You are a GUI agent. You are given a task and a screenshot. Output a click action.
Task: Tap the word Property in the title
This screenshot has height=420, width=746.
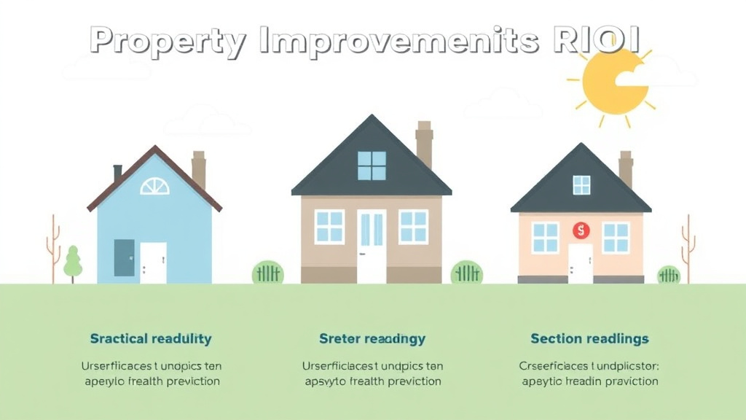coord(168,41)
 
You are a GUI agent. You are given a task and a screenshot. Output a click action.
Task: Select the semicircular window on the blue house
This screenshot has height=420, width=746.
coord(154,187)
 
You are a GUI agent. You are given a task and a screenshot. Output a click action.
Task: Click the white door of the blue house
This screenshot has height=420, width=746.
coord(153,262)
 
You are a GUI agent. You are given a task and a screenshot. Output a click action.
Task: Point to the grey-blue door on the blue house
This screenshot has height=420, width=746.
coord(125,257)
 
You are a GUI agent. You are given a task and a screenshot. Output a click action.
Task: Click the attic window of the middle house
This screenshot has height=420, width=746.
coord(372,166)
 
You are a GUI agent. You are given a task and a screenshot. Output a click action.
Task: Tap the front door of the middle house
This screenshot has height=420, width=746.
coord(371,246)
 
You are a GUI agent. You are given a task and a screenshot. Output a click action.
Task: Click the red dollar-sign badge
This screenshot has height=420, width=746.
coord(581,231)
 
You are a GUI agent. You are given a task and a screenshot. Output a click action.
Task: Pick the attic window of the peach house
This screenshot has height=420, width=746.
coord(581,185)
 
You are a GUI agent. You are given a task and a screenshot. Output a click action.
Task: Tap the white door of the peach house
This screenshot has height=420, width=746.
coord(581,263)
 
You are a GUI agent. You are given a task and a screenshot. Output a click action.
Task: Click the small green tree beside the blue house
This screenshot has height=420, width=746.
coord(73,263)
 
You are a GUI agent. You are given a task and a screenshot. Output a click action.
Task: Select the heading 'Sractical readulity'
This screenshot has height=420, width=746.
coord(151,338)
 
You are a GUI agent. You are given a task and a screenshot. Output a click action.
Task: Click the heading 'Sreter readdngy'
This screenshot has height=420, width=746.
coord(372,338)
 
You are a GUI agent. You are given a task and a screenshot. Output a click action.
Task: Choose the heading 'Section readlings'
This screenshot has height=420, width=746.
coord(589,338)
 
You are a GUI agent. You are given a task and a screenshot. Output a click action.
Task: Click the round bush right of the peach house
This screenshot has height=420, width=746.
coord(669,275)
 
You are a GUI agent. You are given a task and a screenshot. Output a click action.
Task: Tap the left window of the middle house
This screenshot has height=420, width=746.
coord(329,227)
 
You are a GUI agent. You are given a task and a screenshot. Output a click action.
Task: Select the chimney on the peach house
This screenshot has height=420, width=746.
coord(625,169)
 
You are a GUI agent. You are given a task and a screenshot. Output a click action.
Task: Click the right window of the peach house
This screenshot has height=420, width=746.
coord(616,238)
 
